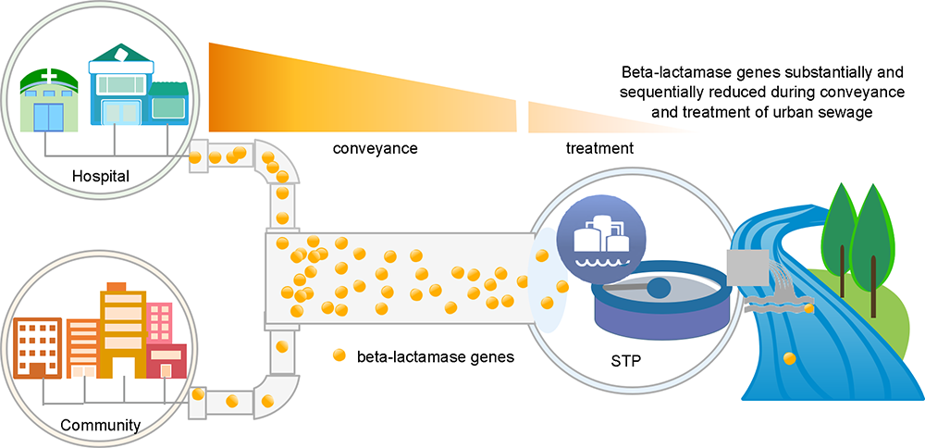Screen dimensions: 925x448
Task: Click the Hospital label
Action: point(100,175)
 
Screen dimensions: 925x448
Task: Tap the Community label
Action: point(101,424)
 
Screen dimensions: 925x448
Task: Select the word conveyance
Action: point(375,149)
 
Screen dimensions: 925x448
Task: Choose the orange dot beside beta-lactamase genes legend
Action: point(339,355)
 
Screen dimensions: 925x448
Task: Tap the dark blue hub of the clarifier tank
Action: point(659,289)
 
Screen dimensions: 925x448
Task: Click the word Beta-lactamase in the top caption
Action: point(666,74)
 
